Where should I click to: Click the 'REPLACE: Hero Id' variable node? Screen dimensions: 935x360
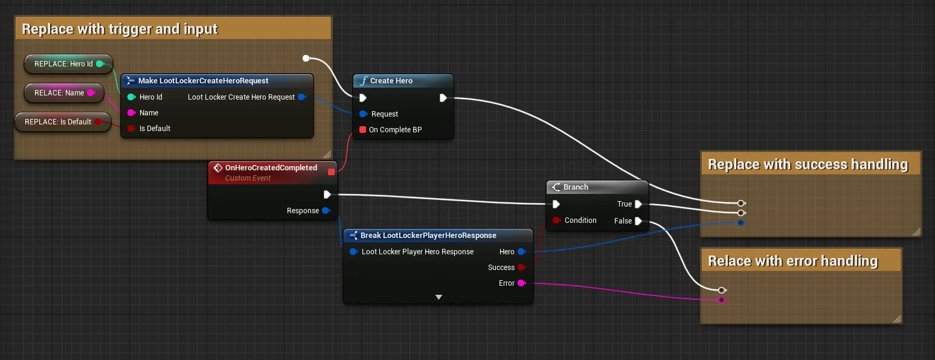pos(68,64)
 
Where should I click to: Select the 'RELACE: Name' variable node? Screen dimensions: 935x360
pos(63,92)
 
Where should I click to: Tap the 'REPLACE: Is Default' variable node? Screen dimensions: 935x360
pos(63,122)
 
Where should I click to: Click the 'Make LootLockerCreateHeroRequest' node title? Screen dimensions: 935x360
pos(204,80)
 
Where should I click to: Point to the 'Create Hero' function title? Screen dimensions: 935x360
pos(391,80)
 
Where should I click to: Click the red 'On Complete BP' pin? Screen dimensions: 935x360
pos(363,129)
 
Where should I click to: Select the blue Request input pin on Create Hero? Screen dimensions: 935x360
pos(363,114)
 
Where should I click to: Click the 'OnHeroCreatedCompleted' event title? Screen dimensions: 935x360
pos(271,167)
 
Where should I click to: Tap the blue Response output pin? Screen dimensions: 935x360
pos(326,210)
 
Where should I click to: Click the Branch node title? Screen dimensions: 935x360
pos(576,187)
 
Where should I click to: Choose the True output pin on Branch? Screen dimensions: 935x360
pos(638,204)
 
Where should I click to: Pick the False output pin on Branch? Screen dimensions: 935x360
pos(638,221)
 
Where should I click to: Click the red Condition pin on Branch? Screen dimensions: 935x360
pos(556,220)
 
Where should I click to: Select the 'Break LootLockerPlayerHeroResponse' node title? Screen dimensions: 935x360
pos(428,235)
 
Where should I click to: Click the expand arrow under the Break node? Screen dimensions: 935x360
pos(439,297)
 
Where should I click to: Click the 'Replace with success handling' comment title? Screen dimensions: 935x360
pos(808,164)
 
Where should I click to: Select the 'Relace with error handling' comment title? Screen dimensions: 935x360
pos(793,260)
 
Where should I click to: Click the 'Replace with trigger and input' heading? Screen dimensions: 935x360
pos(120,29)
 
